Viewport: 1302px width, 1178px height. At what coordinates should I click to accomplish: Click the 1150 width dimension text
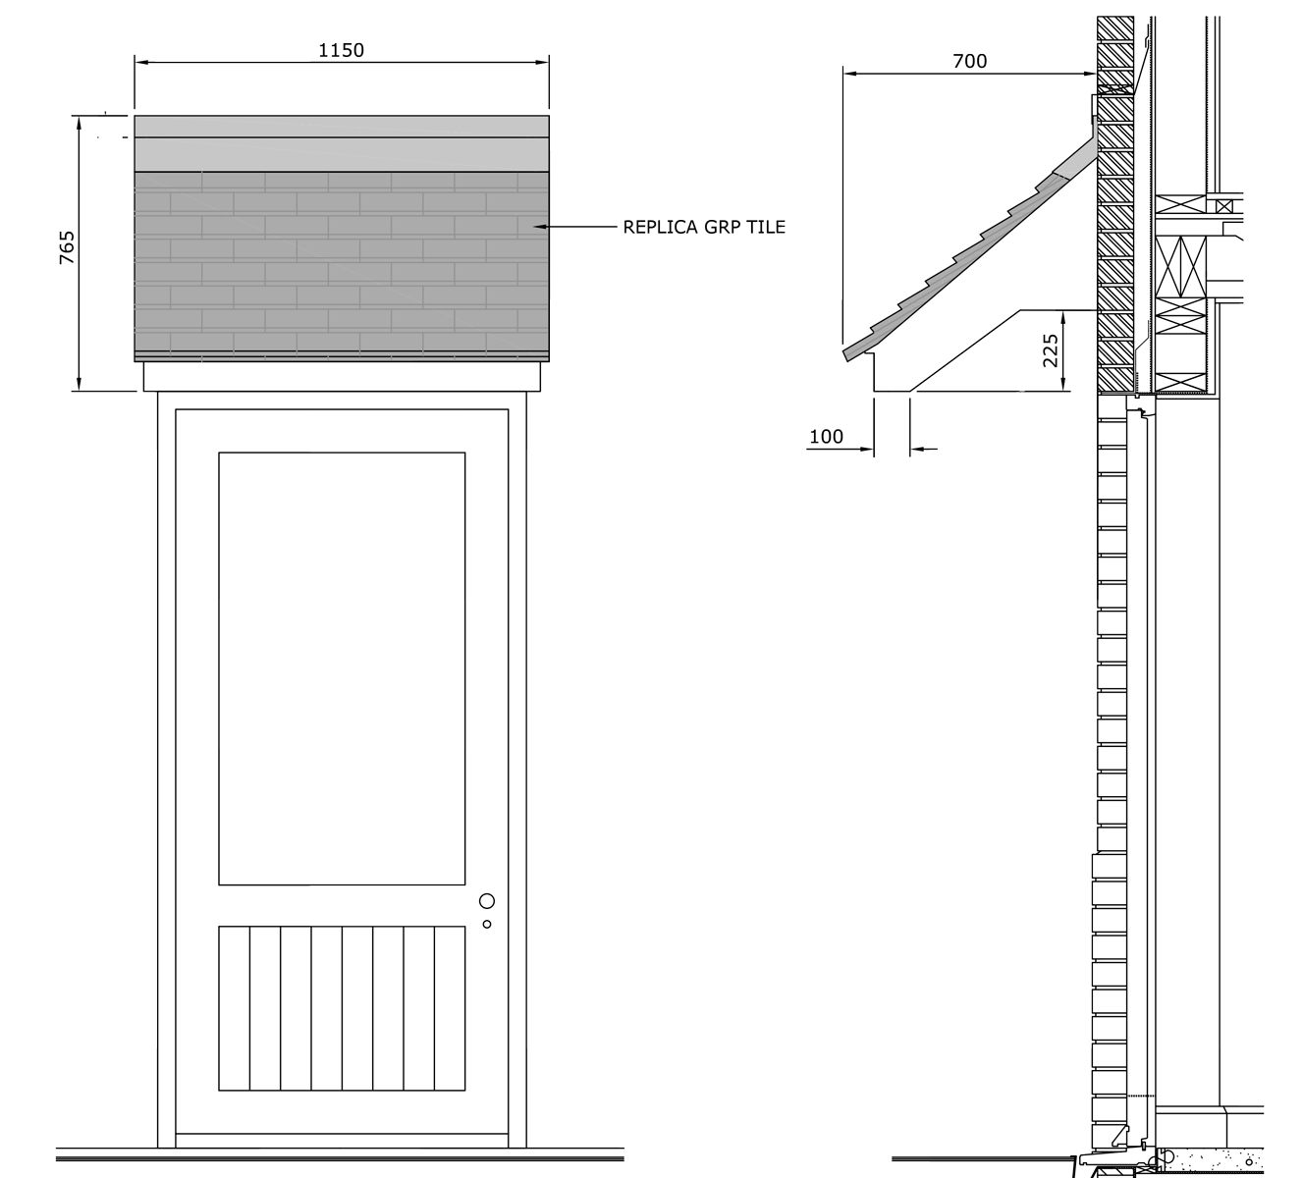tap(341, 51)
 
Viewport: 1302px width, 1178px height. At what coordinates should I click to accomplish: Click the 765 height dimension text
tap(68, 247)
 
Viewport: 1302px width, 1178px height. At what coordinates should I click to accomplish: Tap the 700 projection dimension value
tap(970, 62)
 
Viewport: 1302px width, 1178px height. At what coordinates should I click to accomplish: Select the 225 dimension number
tap(1051, 350)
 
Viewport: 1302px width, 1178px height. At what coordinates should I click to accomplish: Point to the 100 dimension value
tap(826, 437)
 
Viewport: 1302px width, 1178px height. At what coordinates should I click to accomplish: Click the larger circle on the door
tap(487, 901)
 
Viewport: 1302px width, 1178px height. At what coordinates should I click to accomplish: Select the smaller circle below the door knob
tap(487, 924)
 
